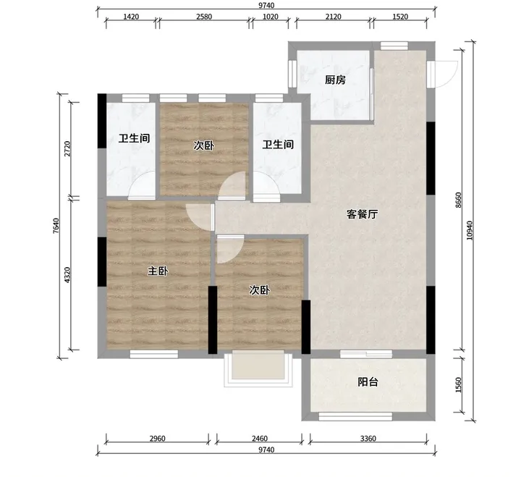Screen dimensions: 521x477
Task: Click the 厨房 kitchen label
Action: (335, 80)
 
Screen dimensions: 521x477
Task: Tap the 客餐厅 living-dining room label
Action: (362, 214)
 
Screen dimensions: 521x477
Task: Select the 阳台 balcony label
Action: (368, 382)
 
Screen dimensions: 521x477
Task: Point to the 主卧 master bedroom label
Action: (158, 271)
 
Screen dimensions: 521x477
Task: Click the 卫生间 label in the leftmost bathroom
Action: (135, 138)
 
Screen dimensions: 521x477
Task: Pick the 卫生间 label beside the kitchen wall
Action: (278, 145)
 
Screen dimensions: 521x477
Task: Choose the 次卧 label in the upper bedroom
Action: (203, 145)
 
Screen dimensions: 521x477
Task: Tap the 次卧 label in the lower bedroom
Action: (259, 290)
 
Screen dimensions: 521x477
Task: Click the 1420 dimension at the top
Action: (131, 17)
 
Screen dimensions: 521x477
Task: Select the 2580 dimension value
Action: (203, 17)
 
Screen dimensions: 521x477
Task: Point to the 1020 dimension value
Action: (270, 17)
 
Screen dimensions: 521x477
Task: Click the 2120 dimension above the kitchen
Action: (333, 17)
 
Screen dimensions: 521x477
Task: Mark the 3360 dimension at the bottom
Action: (368, 439)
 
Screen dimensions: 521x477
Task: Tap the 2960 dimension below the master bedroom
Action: (157, 439)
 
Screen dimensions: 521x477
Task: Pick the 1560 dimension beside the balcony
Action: (459, 385)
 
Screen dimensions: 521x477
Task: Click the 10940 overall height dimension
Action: (469, 231)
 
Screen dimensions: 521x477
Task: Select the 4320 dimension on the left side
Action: (67, 275)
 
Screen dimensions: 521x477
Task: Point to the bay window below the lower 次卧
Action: (258, 369)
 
